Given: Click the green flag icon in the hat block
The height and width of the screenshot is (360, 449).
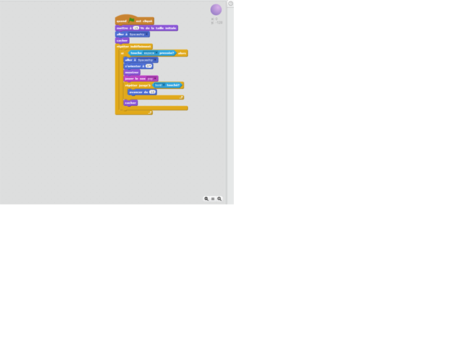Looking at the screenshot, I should coord(131,21).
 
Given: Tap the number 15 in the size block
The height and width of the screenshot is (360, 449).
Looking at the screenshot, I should coord(136,28).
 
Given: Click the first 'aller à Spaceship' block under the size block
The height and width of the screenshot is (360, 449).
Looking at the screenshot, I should coord(122,34).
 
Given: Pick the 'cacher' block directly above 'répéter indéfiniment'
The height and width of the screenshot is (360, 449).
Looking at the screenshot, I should coord(122,40).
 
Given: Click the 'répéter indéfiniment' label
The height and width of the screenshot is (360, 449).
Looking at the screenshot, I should coord(133,47).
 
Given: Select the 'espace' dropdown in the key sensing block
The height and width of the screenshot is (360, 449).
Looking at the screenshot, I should coord(150,53).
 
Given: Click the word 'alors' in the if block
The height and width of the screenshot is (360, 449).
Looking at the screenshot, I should coord(182,53).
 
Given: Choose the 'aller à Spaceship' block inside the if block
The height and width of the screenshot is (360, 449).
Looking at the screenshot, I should coord(129,60).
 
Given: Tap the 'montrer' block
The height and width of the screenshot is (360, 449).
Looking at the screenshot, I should coord(132,72).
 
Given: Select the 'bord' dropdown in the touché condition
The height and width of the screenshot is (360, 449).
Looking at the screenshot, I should coord(159,85).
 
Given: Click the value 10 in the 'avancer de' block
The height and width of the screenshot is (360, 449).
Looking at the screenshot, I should coord(152,92).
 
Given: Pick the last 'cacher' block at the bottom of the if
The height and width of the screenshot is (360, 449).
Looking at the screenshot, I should coord(130,103).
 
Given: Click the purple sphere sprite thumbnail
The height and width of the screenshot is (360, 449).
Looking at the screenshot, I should coord(216,9).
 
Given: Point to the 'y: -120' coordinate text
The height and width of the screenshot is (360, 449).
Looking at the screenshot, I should coord(217,22).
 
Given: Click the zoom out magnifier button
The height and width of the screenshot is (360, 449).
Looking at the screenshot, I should coord(207,199).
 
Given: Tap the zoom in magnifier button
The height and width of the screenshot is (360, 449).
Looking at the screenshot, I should coord(219,199).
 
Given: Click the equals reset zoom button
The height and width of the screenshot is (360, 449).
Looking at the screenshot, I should coord(213,199).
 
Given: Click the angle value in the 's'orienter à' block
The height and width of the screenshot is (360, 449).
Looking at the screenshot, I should coord(148,66).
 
